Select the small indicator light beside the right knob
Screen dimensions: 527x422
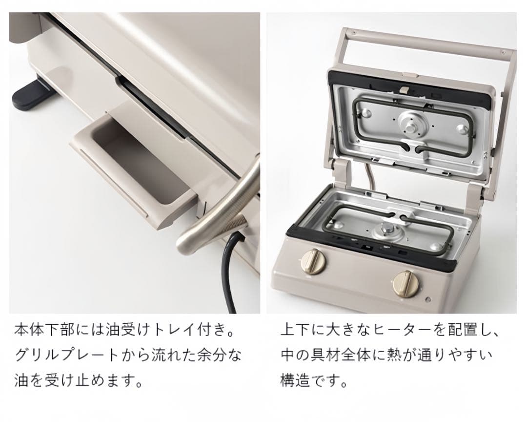point(427,298)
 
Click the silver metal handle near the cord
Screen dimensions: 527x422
point(219,209)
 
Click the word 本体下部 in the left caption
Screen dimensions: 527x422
point(44,330)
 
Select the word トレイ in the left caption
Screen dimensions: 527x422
point(172,330)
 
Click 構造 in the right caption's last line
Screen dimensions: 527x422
point(295,381)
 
